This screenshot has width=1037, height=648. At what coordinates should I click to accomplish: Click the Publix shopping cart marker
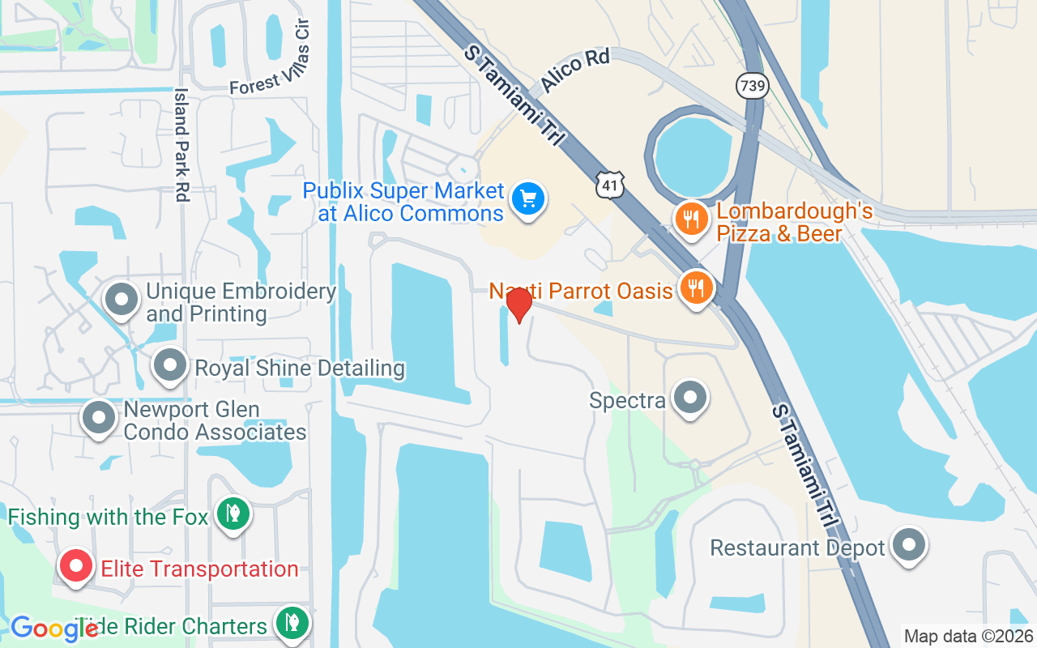pyautogui.click(x=529, y=198)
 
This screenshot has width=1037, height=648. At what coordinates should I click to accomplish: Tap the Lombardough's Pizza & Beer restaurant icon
pyautogui.click(x=691, y=219)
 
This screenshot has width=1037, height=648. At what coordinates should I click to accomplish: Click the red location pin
pyautogui.click(x=518, y=305)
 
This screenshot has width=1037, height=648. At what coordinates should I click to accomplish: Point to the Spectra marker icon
pyautogui.click(x=690, y=398)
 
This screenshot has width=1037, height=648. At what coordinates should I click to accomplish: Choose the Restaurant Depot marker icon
pyautogui.click(x=908, y=545)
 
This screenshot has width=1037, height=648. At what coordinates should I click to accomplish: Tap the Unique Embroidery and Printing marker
pyautogui.click(x=122, y=299)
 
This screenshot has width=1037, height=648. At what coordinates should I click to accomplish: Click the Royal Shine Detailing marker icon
pyautogui.click(x=170, y=365)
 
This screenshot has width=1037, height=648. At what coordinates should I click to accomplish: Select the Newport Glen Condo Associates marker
pyautogui.click(x=100, y=418)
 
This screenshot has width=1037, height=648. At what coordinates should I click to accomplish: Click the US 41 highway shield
pyautogui.click(x=608, y=185)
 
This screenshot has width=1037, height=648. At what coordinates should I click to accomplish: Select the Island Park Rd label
pyautogui.click(x=181, y=144)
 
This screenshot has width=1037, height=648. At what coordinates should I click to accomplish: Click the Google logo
pyautogui.click(x=53, y=629)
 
